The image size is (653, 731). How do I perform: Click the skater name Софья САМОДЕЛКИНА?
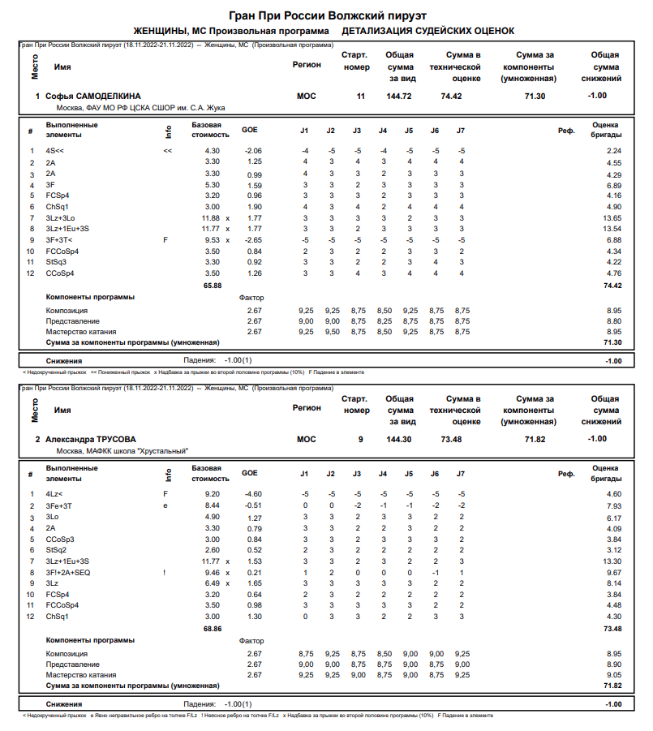(x=93, y=97)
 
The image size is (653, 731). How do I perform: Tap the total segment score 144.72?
(x=399, y=97)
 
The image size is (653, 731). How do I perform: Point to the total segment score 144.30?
(x=399, y=439)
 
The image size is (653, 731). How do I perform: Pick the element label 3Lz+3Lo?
(x=61, y=218)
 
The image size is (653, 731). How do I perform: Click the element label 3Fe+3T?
(x=58, y=505)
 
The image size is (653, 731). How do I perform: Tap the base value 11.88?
(x=209, y=218)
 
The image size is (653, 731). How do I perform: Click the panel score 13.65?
(x=612, y=218)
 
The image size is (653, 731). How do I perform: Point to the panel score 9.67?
(x=614, y=572)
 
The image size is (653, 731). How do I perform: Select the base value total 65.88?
(x=212, y=286)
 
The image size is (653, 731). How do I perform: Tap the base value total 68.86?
(x=212, y=628)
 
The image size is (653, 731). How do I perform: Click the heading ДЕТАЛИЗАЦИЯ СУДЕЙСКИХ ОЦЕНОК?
(x=427, y=31)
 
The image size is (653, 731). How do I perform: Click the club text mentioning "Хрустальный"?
(x=122, y=450)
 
